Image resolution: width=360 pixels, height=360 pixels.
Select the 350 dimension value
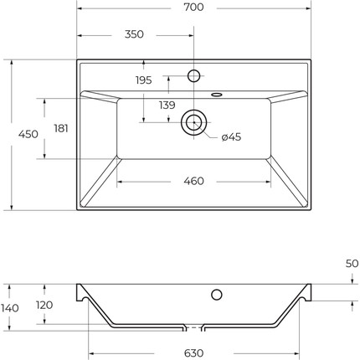(x=134, y=34)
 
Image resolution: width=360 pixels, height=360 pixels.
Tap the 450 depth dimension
(x=28, y=134)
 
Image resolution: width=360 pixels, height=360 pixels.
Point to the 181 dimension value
(x=60, y=128)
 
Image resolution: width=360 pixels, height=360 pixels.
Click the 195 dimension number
(x=143, y=80)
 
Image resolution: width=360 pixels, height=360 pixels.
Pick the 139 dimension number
(x=167, y=105)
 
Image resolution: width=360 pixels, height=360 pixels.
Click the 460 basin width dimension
(x=193, y=181)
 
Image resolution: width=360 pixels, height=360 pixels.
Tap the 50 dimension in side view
(x=352, y=263)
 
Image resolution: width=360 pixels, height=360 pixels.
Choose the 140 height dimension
(x=9, y=307)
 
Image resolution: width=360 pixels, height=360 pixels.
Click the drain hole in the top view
(x=193, y=122)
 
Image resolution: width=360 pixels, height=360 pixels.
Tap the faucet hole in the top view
(x=193, y=76)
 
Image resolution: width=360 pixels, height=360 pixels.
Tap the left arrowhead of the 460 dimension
(x=119, y=181)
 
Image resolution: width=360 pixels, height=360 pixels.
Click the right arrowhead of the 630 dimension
(x=297, y=352)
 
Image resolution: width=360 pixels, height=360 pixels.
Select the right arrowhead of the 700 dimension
(x=309, y=8)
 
